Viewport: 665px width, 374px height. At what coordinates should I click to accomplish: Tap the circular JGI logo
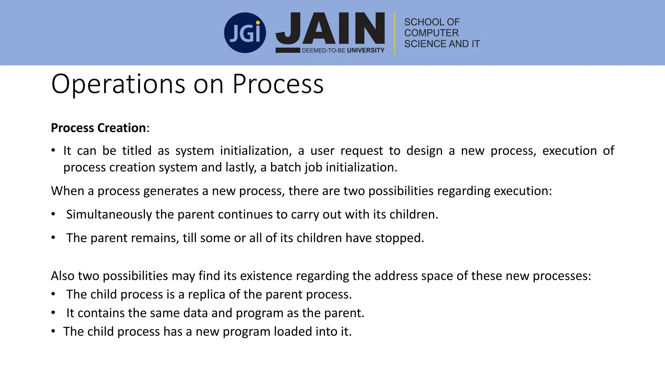245,33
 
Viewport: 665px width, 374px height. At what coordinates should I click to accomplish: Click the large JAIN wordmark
330,29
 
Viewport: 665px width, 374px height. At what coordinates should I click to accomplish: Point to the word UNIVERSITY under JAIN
366,50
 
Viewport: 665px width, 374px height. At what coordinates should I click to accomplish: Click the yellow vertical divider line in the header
395,33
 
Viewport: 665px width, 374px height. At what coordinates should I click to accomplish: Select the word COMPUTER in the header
431,33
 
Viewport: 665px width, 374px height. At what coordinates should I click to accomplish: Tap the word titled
137,151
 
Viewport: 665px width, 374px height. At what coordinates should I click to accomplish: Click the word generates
171,191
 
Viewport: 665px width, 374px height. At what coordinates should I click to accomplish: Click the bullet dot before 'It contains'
53,313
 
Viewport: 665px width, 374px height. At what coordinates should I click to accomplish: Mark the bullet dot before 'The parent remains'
53,238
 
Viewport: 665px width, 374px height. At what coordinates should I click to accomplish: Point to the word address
396,276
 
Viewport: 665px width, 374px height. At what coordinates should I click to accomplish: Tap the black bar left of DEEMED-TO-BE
288,50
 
